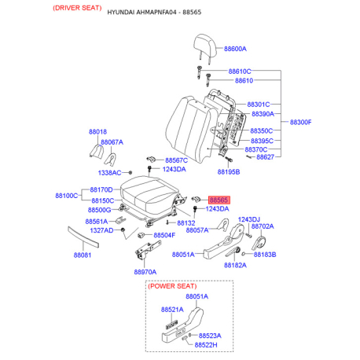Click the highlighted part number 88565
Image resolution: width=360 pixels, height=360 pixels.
point(218,200)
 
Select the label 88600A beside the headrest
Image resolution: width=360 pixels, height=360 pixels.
point(237,49)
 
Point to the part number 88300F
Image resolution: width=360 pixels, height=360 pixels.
point(301,123)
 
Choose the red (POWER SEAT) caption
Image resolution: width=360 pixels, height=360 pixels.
point(174,288)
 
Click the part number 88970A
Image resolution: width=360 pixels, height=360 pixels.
point(145,271)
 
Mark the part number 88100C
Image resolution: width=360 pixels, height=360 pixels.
point(66,195)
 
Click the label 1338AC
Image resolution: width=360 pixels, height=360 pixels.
point(109,172)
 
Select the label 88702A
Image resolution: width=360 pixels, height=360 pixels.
point(262,226)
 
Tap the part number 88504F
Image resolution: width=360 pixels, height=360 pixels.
point(164,235)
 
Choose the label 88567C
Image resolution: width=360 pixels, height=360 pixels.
point(176,160)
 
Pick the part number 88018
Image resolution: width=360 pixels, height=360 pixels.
point(97,132)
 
